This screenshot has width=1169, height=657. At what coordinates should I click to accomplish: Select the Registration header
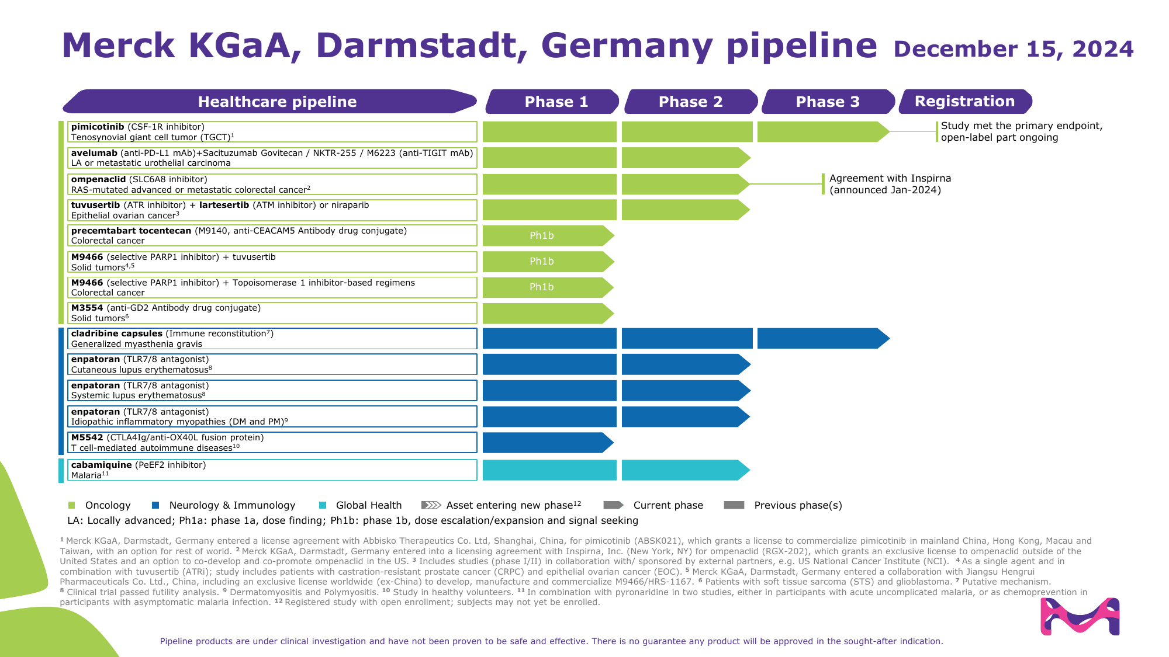(x=964, y=102)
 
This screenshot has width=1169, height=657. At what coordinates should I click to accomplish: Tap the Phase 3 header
(x=828, y=102)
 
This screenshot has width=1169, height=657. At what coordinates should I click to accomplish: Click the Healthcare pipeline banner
(x=276, y=102)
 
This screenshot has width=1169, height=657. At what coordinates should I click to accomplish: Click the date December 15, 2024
(x=1013, y=49)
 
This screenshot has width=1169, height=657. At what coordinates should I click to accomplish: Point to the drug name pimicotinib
(x=98, y=127)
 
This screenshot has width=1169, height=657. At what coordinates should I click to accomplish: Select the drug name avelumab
(x=94, y=153)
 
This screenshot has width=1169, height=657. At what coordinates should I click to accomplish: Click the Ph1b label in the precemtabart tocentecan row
(x=541, y=236)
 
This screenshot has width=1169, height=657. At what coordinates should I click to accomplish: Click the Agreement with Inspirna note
(x=890, y=184)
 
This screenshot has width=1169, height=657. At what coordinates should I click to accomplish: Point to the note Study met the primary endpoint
(x=1021, y=131)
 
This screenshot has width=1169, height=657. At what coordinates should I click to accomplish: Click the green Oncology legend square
(x=72, y=505)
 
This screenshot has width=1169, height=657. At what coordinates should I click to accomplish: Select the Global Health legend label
(x=368, y=505)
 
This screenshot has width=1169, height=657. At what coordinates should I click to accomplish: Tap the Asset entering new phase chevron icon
(x=431, y=505)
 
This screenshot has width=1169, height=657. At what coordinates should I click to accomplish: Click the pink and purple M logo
(x=1080, y=616)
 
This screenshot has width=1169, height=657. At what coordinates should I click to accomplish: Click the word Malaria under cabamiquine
(x=86, y=475)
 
